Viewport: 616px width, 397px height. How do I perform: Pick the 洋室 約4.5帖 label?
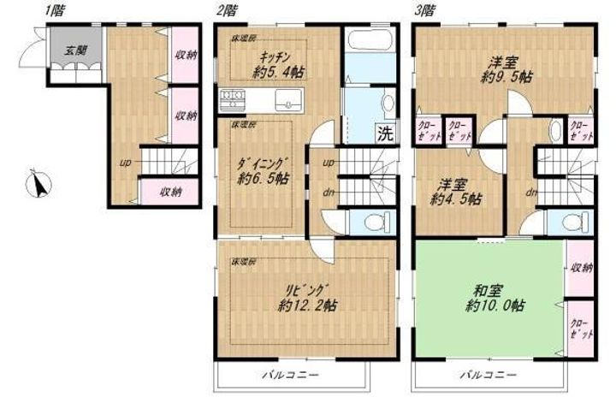click(453, 191)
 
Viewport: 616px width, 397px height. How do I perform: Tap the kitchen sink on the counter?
click(287, 100)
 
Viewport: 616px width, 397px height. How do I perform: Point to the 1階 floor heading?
click(53, 10)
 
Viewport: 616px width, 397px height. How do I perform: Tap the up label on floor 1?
click(125, 162)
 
